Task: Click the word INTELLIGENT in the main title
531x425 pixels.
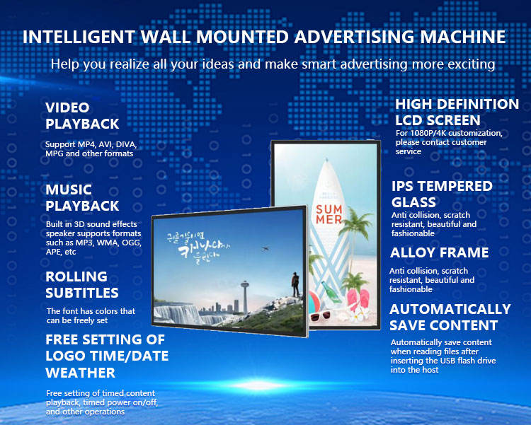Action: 79,37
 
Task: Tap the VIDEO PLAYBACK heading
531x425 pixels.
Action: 82,116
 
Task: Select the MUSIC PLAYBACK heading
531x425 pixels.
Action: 82,197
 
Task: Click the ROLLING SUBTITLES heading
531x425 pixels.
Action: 82,284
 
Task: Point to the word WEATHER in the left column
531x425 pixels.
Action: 81,373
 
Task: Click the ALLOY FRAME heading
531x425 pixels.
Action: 439,252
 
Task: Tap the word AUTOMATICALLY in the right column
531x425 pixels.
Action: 450,309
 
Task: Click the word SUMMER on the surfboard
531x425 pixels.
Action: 329,214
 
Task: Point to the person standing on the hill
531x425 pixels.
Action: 296,284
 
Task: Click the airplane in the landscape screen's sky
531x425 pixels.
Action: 265,249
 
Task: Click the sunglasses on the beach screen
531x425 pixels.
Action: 320,316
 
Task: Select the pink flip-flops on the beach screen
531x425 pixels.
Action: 358,300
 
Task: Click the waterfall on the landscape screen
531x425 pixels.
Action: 179,313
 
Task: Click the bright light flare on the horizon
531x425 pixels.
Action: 260,385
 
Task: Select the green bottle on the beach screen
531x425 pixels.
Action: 331,292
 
